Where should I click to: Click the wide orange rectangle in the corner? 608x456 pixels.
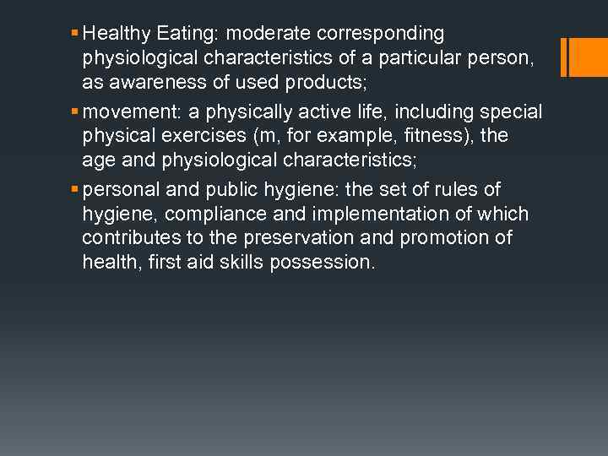tap(589, 57)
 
